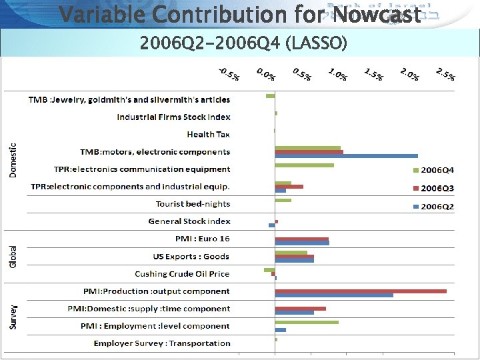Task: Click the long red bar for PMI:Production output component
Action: [361, 291]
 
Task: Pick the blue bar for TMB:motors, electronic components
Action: [346, 156]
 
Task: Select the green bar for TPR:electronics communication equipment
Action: [304, 165]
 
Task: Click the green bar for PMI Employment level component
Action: [307, 322]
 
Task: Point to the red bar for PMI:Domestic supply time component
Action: [300, 308]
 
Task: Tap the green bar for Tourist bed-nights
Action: [283, 200]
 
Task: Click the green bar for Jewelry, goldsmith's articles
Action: [270, 96]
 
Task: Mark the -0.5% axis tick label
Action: [230, 75]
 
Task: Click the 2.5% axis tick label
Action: [445, 75]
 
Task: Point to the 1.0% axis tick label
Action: [338, 75]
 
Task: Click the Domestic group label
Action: [13, 160]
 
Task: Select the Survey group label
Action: [13, 317]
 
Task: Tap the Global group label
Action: [13, 257]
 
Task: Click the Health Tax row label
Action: [208, 135]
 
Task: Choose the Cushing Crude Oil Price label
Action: [182, 274]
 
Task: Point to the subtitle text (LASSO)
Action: [315, 44]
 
